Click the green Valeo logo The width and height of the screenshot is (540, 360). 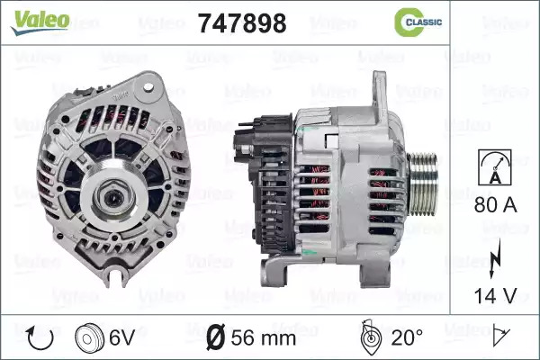click(x=40, y=22)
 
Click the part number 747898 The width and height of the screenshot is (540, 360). click(x=242, y=23)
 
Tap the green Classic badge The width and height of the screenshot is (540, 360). click(x=418, y=22)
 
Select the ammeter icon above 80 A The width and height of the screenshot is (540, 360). click(x=495, y=167)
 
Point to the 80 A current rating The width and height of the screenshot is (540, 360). click(x=496, y=205)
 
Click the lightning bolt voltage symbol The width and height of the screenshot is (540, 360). click(x=495, y=258)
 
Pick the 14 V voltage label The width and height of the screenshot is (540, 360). click(x=496, y=296)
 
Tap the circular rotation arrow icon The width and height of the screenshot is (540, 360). click(x=40, y=338)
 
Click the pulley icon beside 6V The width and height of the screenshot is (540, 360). click(x=89, y=339)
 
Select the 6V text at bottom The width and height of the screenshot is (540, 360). click(x=121, y=338)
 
